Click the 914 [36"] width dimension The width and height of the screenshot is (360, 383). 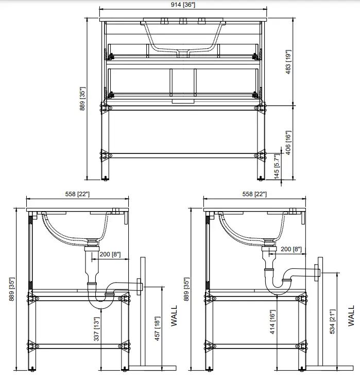(x=183, y=5)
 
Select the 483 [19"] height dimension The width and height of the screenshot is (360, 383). (x=288, y=62)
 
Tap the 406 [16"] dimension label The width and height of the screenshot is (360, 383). (x=288, y=143)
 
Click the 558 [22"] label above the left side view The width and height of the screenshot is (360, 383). (x=77, y=194)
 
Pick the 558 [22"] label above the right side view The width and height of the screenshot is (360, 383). (x=254, y=194)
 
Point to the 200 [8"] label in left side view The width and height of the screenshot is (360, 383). (x=110, y=255)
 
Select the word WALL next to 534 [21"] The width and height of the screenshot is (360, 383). (x=351, y=316)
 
